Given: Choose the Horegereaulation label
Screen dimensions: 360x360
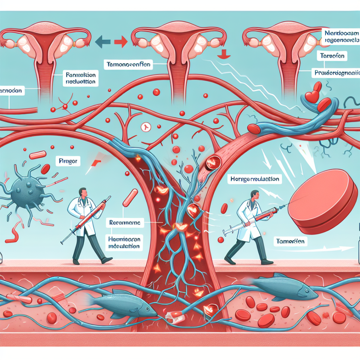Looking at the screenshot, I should coord(255,180).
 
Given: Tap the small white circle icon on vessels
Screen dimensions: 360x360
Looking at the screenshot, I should coord(145,127).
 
